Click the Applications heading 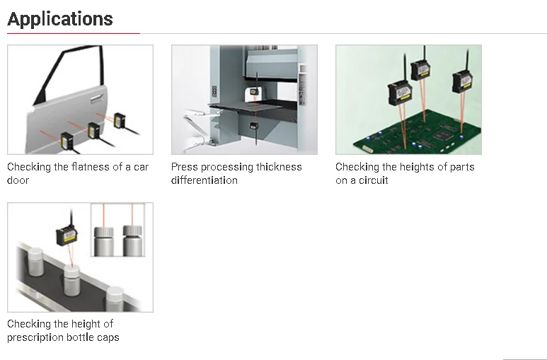60,19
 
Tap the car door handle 97,99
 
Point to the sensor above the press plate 254,91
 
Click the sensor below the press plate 253,127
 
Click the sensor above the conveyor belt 67,235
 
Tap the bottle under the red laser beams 72,280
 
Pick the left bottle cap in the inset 104,231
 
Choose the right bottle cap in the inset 132,231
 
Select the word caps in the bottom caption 108,337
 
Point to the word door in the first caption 18,180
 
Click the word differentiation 205,180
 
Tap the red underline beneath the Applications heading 74,33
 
